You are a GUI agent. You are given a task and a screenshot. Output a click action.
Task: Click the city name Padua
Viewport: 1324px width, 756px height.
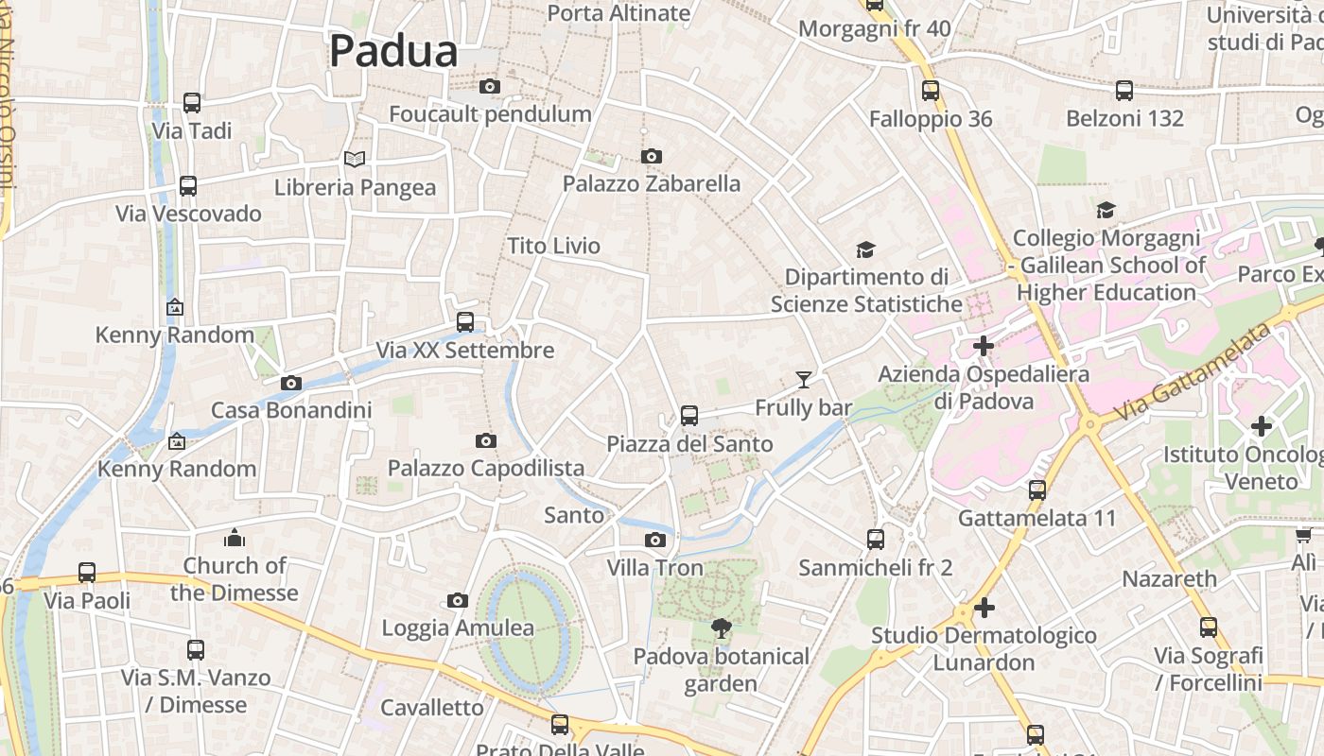pyautogui.click(x=393, y=51)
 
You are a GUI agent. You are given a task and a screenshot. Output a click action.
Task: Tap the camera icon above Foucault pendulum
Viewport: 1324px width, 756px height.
pyautogui.click(x=489, y=87)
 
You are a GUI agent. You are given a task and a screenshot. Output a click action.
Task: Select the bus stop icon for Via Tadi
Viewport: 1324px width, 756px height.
pyautogui.click(x=192, y=103)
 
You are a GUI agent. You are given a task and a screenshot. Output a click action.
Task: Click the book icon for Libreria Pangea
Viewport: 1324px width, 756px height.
pyautogui.click(x=355, y=160)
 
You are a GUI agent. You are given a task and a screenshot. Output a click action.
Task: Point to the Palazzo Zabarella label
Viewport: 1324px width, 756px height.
pyautogui.click(x=652, y=183)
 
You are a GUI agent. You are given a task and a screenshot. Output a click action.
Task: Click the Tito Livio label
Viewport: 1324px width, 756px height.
pyautogui.click(x=553, y=246)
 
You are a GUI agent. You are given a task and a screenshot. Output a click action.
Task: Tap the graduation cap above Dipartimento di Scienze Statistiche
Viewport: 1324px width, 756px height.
pyautogui.click(x=865, y=249)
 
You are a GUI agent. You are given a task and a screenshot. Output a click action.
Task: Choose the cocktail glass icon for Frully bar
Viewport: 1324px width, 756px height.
pyautogui.click(x=803, y=380)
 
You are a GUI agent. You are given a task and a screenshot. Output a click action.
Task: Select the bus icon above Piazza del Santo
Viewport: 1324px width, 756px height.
pyautogui.click(x=689, y=416)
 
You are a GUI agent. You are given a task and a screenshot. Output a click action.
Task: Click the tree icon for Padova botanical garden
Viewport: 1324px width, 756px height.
pyautogui.click(x=722, y=628)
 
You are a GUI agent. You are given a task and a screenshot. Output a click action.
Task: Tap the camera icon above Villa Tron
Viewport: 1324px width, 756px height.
pyautogui.click(x=654, y=541)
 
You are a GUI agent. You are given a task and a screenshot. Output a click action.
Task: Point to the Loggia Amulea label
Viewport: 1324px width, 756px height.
pyautogui.click(x=458, y=627)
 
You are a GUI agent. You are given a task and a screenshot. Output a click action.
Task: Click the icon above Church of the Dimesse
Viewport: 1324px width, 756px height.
pyautogui.click(x=235, y=539)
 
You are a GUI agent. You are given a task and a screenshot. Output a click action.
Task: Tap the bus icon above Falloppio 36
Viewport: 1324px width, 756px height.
pyautogui.click(x=931, y=91)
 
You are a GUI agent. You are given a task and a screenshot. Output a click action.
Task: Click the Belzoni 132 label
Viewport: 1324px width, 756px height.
pyautogui.click(x=1124, y=118)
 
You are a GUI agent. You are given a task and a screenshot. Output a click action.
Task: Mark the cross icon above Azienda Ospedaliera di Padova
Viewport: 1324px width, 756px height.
pyautogui.click(x=984, y=346)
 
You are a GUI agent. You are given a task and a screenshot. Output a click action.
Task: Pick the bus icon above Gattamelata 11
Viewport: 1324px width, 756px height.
pyautogui.click(x=1037, y=490)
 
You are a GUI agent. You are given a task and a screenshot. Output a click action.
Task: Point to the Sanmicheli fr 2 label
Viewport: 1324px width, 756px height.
pyautogui.click(x=876, y=568)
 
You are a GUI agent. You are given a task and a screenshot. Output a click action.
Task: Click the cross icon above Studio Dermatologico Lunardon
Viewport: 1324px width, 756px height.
pyautogui.click(x=984, y=607)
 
